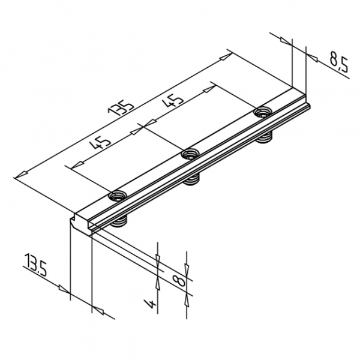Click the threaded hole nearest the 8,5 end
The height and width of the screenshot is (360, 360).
tap(263, 112)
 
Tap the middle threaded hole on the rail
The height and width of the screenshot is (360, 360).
tap(191, 154)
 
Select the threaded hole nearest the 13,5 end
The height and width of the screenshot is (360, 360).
tap(118, 195)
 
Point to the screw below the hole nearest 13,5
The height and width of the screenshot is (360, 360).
tap(121, 222)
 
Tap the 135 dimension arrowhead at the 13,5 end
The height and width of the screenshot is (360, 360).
tap(20, 174)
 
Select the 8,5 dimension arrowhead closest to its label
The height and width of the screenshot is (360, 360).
tap(313, 55)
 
